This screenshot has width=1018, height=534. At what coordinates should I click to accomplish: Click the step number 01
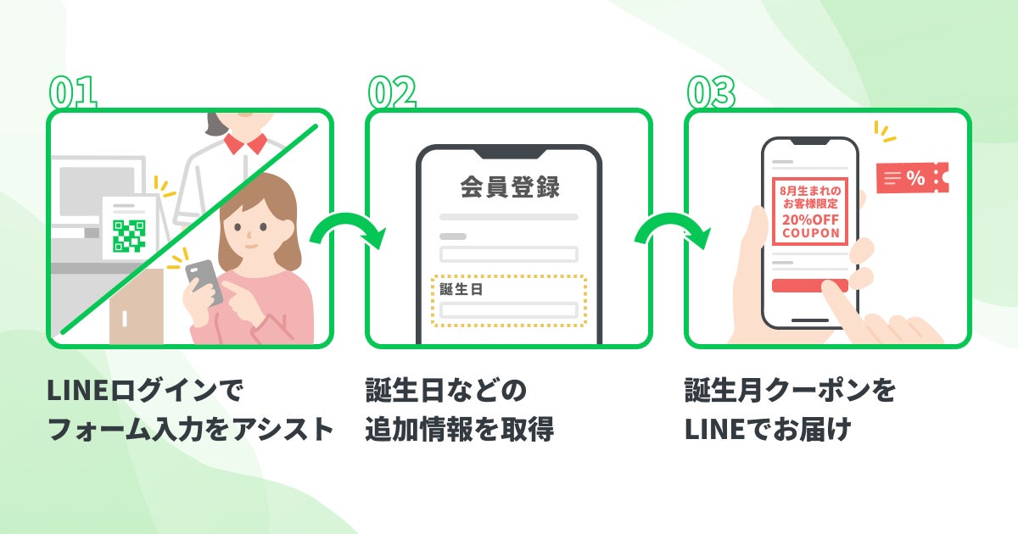coord(73,92)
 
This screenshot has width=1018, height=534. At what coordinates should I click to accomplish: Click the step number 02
coord(392,92)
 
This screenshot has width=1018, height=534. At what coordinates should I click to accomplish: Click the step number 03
coord(711,92)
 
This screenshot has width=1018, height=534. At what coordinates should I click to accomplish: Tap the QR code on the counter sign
coord(129,235)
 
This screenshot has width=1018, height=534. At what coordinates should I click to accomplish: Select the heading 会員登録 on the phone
coord(509,187)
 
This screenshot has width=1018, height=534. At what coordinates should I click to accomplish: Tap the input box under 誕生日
coord(508,309)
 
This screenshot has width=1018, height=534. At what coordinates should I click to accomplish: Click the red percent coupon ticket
coord(911,178)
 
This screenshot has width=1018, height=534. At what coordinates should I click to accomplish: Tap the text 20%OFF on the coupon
coord(810,218)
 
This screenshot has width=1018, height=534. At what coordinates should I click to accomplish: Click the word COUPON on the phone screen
coord(810,232)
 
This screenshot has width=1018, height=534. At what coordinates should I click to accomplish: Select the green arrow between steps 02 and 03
coord(668,232)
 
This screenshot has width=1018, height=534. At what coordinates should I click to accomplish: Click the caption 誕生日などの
coord(446,392)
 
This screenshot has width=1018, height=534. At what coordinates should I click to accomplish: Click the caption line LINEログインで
coord(145,392)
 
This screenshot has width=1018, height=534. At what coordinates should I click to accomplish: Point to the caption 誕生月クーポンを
coord(790,392)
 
